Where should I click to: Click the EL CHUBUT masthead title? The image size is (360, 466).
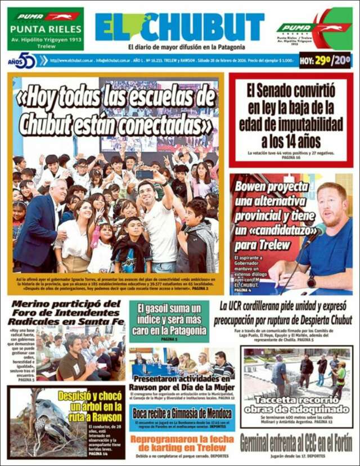(x=179, y=27)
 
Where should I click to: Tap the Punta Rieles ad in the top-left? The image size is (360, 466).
(x=46, y=28)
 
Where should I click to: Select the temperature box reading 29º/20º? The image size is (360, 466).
(x=325, y=60)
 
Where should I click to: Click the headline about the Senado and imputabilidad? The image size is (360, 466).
(x=291, y=115)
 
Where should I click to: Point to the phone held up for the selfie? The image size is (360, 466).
(x=145, y=174)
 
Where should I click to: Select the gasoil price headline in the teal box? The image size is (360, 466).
(x=169, y=318)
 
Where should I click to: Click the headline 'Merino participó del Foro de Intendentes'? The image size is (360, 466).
(x=66, y=312)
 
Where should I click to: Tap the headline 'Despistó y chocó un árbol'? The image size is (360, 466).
(x=90, y=406)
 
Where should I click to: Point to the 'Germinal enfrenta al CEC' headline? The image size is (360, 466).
(x=296, y=441)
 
